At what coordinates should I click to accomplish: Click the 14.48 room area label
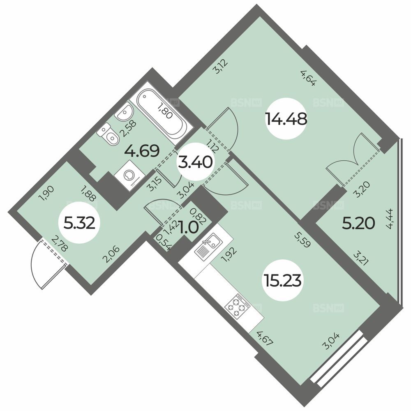[286, 119]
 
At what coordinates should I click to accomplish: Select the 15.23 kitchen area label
[283, 281]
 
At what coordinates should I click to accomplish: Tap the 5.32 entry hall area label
[79, 224]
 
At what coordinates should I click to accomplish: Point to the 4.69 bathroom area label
[142, 151]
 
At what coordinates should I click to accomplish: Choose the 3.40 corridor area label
[195, 162]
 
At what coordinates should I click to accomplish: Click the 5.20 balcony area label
[358, 224]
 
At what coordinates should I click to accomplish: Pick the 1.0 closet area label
[188, 227]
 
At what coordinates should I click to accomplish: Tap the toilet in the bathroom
[108, 134]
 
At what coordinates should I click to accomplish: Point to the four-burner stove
[238, 305]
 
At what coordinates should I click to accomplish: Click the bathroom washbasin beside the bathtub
[124, 112]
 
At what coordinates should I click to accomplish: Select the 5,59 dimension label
[302, 240]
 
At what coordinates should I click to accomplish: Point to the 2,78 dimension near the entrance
[60, 243]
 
